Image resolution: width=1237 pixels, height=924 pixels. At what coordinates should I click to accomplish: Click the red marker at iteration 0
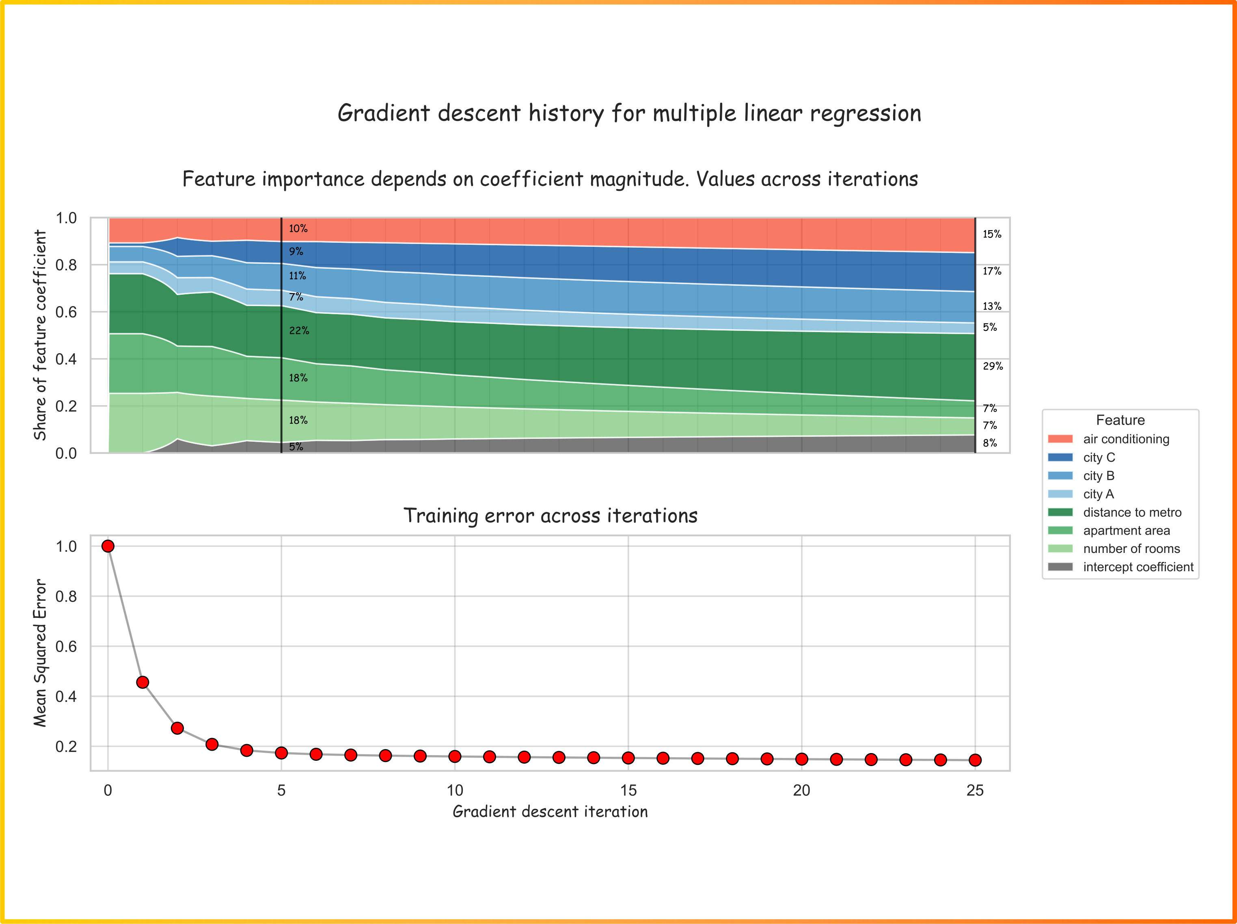(108, 546)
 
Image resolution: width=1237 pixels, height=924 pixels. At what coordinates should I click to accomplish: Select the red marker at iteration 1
(142, 682)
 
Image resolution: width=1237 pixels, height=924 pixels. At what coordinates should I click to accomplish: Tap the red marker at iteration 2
(177, 728)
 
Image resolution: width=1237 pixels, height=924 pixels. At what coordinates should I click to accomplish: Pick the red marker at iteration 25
(975, 760)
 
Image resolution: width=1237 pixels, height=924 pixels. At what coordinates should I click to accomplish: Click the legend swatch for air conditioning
(1060, 439)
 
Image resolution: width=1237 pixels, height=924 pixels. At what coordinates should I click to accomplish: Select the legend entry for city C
(1082, 458)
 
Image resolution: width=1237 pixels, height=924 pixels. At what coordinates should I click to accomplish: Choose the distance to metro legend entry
(1114, 512)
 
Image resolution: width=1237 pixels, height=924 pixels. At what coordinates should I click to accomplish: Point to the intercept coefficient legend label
(1138, 567)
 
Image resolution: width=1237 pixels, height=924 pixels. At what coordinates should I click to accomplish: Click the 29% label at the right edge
(993, 366)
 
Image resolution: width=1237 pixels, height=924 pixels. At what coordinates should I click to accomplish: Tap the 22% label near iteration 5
(299, 330)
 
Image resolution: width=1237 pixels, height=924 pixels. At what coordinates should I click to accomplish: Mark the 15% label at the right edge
(992, 234)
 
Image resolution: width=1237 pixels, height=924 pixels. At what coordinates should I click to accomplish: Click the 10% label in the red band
(298, 228)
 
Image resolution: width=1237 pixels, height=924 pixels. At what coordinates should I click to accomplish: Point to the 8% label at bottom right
(990, 443)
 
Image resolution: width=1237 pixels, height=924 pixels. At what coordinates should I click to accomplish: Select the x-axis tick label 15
(628, 790)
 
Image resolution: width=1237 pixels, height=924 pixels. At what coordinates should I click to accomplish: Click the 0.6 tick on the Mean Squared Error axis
(66, 647)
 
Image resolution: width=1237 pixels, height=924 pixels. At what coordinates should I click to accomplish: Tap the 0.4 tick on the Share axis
(66, 359)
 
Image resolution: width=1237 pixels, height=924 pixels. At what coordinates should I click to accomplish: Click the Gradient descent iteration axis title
(550, 812)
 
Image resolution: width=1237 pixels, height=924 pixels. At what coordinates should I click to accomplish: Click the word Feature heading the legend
(1120, 420)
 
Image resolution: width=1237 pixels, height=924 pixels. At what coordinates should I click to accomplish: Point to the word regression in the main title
(865, 114)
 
